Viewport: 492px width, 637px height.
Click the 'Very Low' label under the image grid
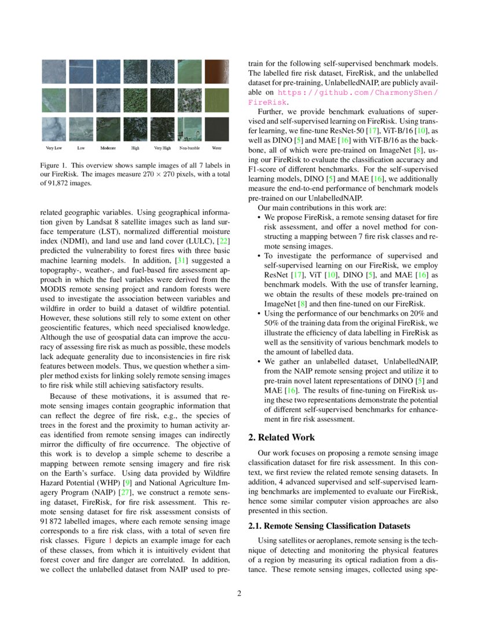coord(54,148)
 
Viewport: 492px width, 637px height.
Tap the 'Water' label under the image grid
coord(216,148)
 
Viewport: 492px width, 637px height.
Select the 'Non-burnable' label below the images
coord(189,148)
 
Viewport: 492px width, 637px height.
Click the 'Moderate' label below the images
coord(108,148)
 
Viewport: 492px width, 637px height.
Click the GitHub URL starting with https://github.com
coord(358,92)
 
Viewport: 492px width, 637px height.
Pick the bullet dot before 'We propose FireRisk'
coord(259,217)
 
